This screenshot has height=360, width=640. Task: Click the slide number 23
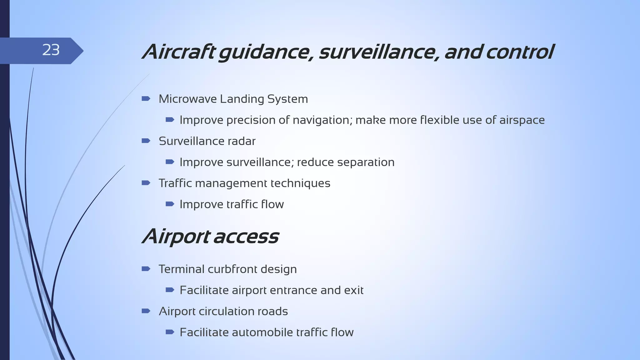[x=51, y=50]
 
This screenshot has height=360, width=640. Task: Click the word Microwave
[x=187, y=99]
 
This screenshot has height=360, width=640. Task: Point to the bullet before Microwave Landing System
[x=146, y=99]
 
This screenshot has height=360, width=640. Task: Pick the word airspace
[x=522, y=120]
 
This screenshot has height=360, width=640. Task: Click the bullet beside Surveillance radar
[x=146, y=141]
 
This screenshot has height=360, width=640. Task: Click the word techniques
[x=300, y=183]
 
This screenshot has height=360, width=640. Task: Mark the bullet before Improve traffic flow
[x=170, y=204]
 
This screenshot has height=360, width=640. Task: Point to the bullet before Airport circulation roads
[x=146, y=311]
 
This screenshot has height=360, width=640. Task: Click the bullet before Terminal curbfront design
[x=146, y=269]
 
